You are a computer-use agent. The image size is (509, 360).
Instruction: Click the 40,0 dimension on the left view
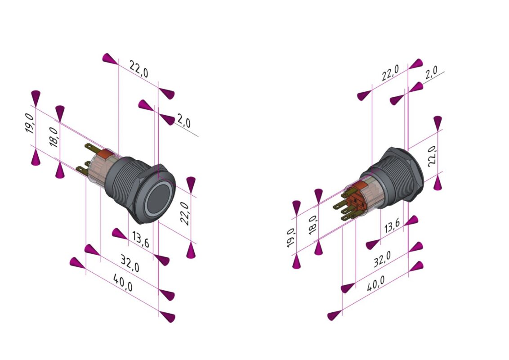click(x=122, y=284)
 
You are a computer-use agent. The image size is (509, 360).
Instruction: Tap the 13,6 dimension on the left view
click(x=140, y=240)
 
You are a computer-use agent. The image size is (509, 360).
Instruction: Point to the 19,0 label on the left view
click(x=29, y=123)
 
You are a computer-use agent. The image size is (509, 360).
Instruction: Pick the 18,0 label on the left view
click(x=54, y=136)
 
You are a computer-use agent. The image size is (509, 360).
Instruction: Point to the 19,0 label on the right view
click(x=291, y=237)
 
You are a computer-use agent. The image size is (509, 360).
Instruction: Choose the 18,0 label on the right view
click(x=313, y=224)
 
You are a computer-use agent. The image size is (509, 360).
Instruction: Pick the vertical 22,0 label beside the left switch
click(x=185, y=213)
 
